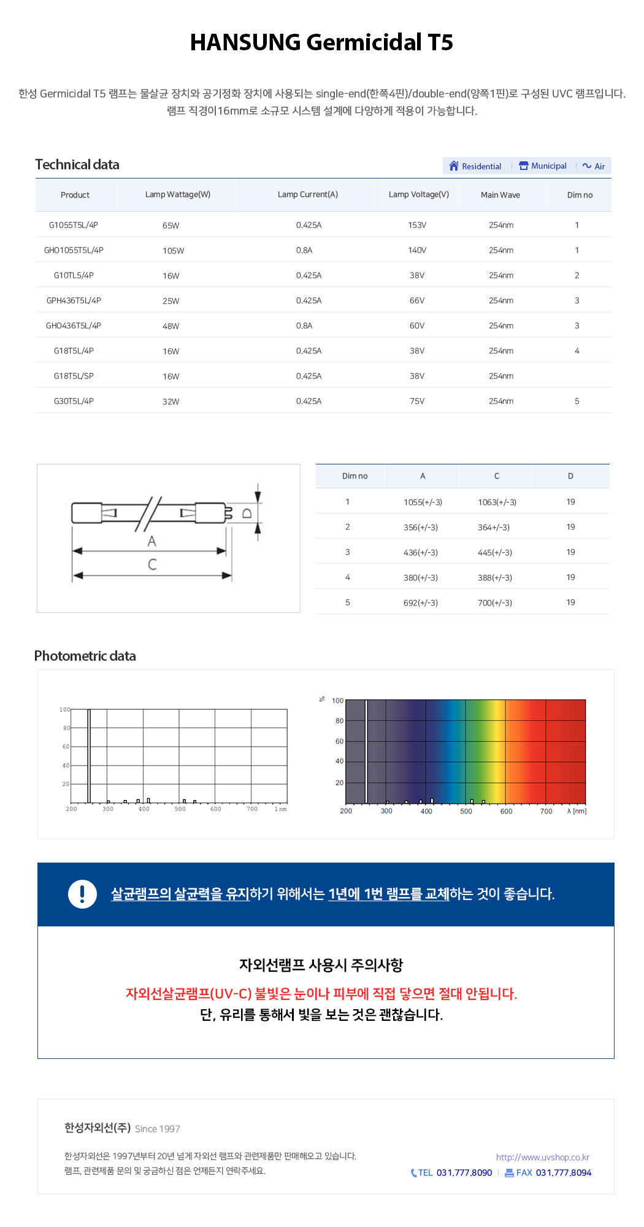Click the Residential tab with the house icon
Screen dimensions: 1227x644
pos(475,166)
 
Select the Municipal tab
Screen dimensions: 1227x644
pos(543,166)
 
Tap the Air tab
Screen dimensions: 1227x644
pos(594,166)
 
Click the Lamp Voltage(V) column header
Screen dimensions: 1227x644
pos(419,194)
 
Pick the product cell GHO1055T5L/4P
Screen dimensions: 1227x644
pos(74,250)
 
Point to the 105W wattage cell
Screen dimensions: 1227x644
pos(173,251)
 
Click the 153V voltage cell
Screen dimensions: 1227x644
pos(417,225)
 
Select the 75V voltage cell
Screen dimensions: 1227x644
pos(417,401)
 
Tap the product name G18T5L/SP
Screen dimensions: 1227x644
pos(74,376)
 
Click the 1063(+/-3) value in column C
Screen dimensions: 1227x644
pos(497,502)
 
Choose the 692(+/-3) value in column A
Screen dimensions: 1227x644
pos(421,603)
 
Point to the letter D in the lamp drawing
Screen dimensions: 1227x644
pos(247,513)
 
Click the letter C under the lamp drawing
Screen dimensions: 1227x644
pos(152,564)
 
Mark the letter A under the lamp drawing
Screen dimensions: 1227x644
pos(151,541)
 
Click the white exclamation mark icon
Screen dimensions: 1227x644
pos(82,894)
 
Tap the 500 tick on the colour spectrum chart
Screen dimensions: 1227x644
pos(466,811)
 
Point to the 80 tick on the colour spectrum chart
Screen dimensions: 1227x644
pos(339,721)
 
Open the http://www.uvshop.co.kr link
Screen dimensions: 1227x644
pos(543,1157)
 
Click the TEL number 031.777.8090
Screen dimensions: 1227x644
pos(464,1172)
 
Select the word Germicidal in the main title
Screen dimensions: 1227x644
pos(364,42)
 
